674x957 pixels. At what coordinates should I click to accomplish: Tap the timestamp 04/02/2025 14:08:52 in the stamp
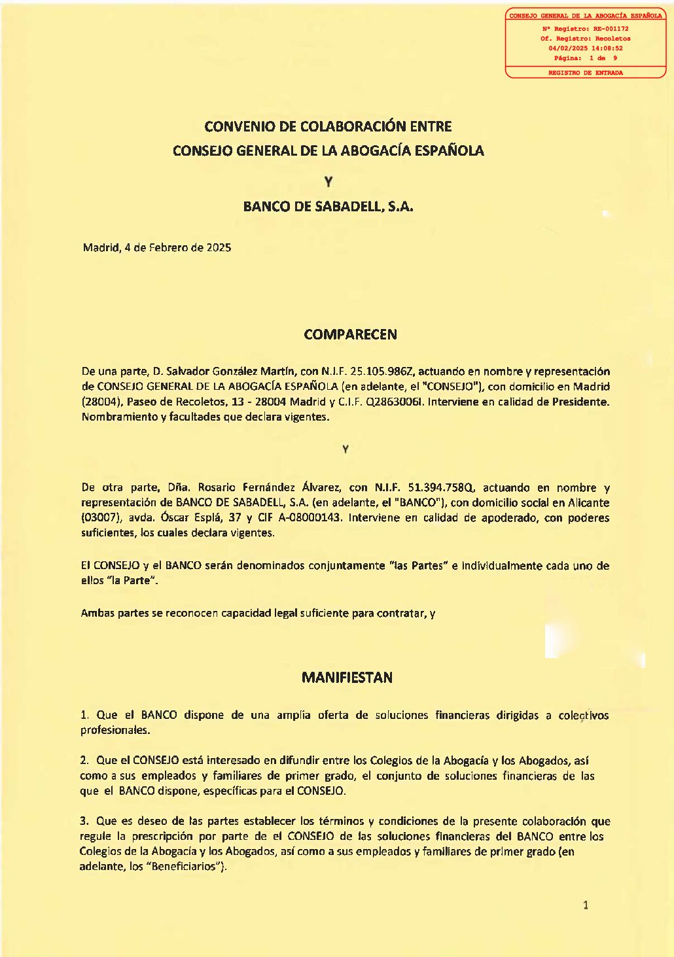[585, 48]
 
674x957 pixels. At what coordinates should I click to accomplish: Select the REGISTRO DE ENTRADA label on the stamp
[585, 73]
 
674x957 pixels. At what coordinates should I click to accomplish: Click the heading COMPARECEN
[350, 334]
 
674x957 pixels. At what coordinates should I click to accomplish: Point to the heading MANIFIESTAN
[347, 678]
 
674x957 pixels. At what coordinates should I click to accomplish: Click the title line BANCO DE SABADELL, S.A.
[328, 207]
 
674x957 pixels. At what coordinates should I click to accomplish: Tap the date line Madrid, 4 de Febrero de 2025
[157, 248]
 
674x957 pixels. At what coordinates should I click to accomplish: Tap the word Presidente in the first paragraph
[580, 402]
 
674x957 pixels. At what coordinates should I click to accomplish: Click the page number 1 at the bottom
[586, 905]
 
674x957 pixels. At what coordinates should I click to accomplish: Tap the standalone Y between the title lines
[328, 183]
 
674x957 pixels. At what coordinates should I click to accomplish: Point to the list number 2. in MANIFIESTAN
[84, 760]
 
